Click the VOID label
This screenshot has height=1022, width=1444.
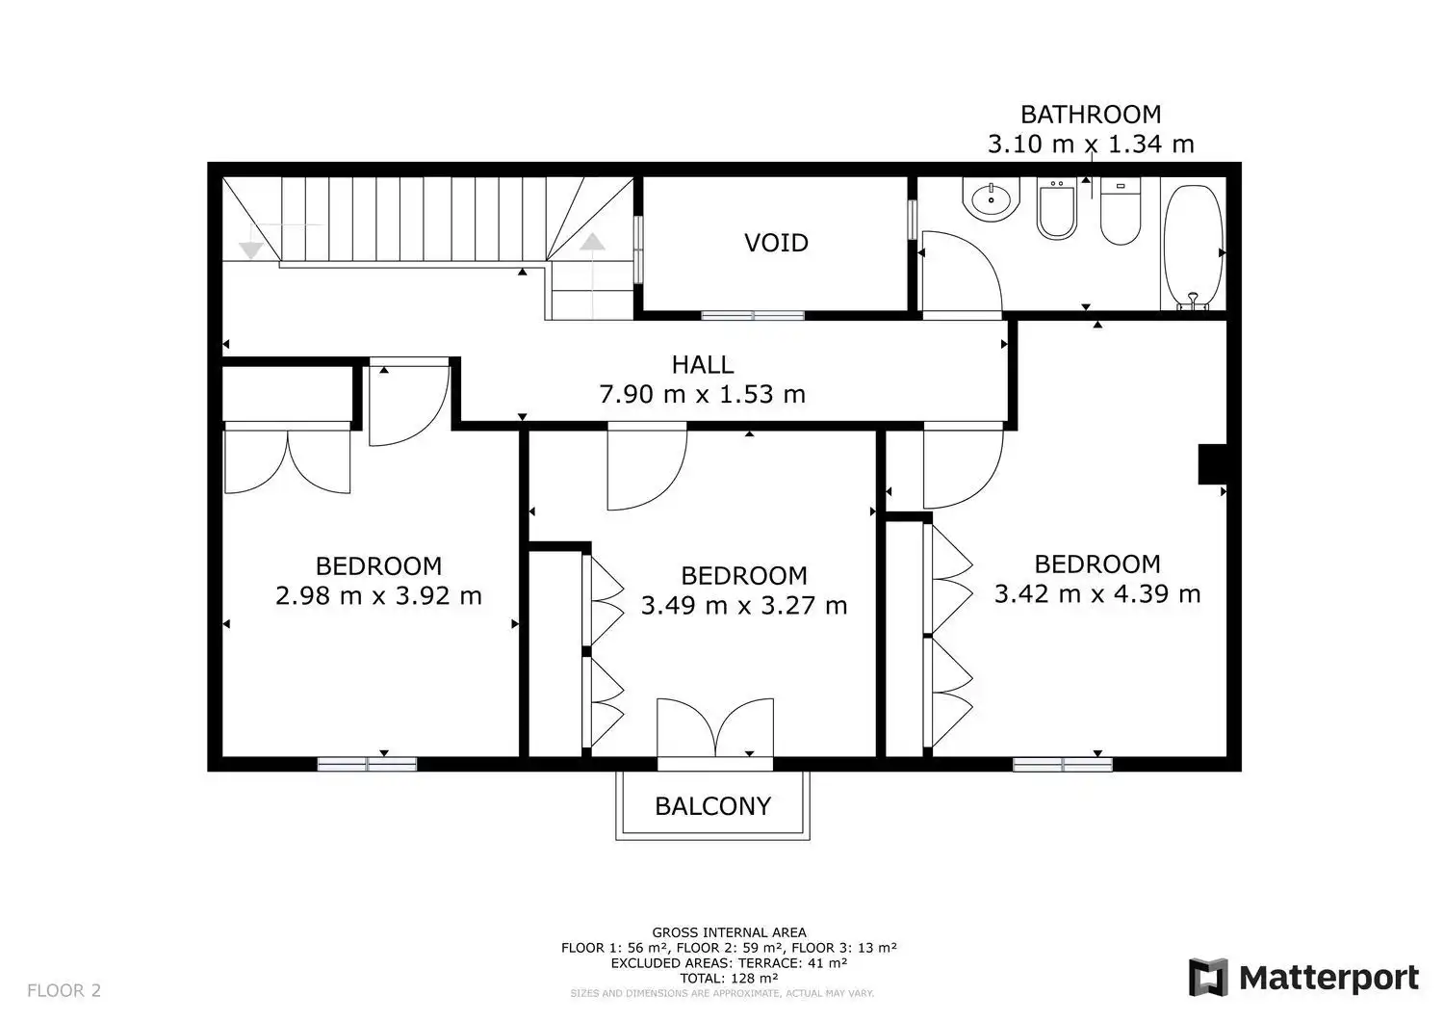tap(776, 244)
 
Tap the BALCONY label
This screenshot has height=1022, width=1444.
tap(713, 806)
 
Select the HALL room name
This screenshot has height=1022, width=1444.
tap(703, 365)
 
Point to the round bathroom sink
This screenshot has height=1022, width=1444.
tap(991, 199)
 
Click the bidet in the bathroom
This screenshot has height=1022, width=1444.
tap(1057, 208)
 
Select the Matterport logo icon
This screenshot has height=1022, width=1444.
tap(1207, 978)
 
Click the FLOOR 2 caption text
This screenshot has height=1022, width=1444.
tap(64, 990)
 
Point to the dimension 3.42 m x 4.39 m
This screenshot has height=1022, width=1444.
tap(1097, 594)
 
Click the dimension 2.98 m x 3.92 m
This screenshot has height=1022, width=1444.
tap(378, 596)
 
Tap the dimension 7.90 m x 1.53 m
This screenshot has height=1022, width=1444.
tap(703, 394)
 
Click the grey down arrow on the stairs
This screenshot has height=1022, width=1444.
tap(250, 250)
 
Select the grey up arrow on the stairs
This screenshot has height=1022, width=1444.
tap(592, 242)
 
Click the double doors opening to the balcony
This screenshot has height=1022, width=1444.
tap(715, 727)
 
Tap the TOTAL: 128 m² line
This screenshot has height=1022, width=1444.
tap(729, 978)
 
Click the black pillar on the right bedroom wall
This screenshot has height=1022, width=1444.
tap(1212, 464)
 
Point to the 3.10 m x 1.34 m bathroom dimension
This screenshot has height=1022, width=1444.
tap(1091, 144)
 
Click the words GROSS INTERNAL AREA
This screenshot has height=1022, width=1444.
tap(729, 932)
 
